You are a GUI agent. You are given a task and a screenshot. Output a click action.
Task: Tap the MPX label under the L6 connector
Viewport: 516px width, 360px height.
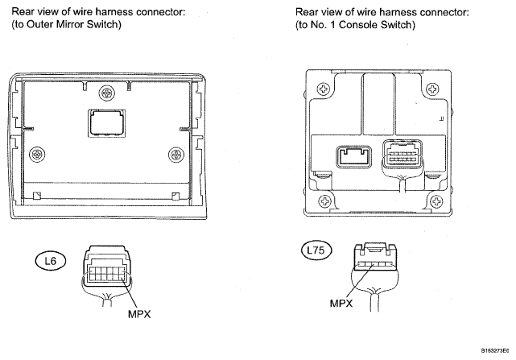139,314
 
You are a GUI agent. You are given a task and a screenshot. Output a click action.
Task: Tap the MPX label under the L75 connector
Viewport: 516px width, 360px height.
341,303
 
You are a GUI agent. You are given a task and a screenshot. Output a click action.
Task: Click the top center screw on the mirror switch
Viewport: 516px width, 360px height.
107,93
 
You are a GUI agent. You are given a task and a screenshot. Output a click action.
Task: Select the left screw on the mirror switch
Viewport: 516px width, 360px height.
37,154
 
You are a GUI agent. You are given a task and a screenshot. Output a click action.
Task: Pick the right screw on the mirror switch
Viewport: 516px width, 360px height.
176,155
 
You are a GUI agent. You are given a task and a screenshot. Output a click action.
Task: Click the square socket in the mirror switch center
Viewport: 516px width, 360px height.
107,123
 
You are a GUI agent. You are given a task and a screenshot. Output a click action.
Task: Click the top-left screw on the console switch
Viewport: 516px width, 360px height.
324,89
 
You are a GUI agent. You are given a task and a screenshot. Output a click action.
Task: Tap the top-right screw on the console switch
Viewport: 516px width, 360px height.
432,89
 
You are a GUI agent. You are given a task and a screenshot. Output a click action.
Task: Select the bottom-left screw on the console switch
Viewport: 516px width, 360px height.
325,201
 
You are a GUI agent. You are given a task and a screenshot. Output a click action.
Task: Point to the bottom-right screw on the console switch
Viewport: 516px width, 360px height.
437,201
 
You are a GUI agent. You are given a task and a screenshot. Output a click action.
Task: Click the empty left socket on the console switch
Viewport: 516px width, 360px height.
353,157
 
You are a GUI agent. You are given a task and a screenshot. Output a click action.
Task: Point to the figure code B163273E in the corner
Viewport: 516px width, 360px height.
495,351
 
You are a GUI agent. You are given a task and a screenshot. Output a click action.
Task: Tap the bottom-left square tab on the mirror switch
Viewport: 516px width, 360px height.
37,195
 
